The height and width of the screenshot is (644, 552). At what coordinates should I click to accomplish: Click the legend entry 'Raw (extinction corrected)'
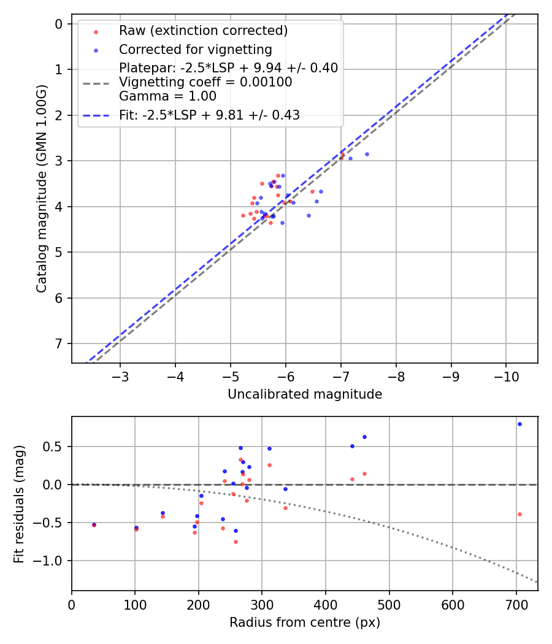coord(203,31)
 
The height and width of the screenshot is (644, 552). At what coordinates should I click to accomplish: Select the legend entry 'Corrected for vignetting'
coord(195,49)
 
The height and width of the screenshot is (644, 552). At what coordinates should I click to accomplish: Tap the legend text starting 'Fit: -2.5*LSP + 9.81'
coord(209,115)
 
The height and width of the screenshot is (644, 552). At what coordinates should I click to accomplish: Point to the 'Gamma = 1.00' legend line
coord(167,96)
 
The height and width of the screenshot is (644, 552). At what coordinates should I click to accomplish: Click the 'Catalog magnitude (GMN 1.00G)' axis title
coord(41,188)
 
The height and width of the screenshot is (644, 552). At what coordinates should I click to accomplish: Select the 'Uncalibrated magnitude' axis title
coord(305,394)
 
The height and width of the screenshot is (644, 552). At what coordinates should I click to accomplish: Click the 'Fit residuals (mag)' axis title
coord(19,504)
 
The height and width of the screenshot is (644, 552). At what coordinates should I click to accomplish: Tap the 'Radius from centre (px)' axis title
coord(305,623)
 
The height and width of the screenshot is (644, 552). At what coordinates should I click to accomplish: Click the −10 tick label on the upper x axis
coord(506,375)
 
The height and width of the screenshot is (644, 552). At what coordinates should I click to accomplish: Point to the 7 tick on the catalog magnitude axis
coord(59,343)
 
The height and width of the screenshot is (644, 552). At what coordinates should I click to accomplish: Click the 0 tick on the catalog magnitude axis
coord(59,24)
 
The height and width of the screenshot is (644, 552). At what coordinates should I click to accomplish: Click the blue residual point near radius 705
coord(519,424)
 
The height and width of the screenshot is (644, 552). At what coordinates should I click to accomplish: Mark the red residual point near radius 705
coord(519,514)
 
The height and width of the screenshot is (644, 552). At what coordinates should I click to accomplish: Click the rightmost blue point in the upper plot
coord(367,154)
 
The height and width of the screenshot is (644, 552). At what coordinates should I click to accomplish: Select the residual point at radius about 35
coord(94,524)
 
